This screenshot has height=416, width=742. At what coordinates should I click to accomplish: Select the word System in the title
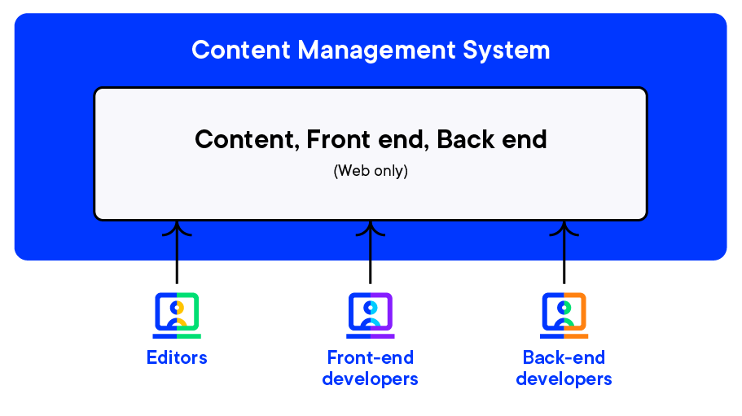[x=507, y=50]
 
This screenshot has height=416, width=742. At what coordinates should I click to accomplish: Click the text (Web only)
[x=371, y=172]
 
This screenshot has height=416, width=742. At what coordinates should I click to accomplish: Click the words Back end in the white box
[x=492, y=139]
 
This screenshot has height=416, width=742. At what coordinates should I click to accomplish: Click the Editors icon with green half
[x=177, y=315]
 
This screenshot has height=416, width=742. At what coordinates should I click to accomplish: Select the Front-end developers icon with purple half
[x=371, y=315]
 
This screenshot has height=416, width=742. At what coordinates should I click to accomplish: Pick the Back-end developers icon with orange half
[x=564, y=315]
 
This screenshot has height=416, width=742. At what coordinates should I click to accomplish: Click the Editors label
[x=177, y=357]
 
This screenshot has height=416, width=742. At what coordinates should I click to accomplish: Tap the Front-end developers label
[x=371, y=368]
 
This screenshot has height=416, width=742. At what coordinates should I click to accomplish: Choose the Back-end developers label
[x=564, y=368]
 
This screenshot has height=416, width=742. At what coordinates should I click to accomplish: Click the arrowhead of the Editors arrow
[x=177, y=227]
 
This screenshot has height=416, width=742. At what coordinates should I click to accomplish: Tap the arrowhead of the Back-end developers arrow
[x=564, y=227]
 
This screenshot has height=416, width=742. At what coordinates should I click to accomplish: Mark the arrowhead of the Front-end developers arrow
[x=371, y=227]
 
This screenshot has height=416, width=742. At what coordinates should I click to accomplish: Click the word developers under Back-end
[x=564, y=379]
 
